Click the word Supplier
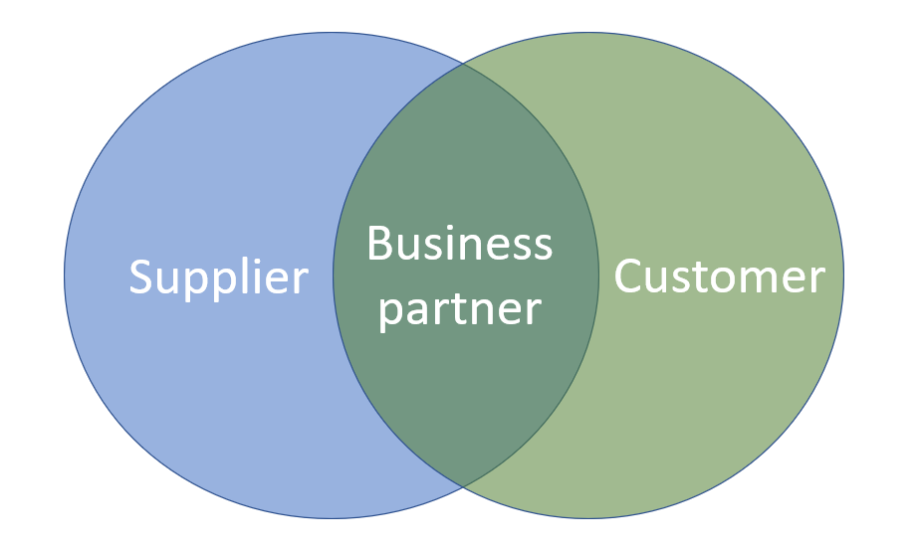[218, 276]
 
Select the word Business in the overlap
[459, 244]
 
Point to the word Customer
[719, 276]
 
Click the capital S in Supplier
[142, 276]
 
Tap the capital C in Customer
[629, 276]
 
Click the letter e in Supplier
[279, 280]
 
